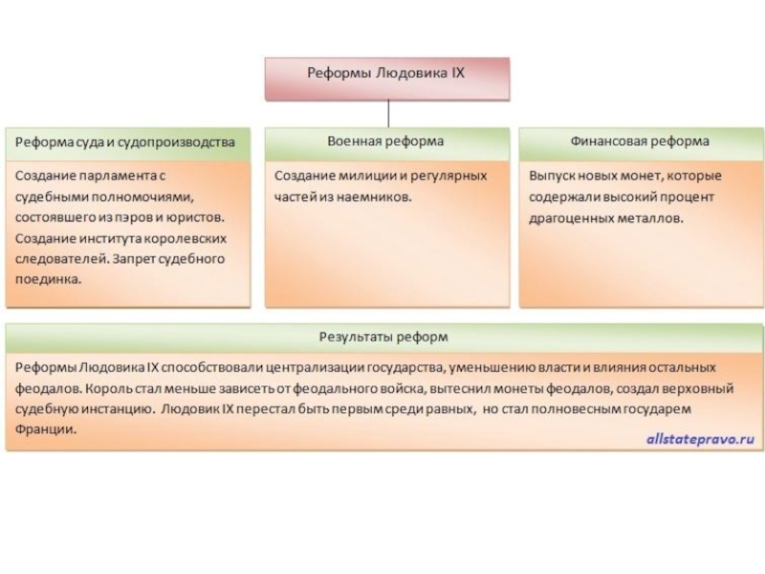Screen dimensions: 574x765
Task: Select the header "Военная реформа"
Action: pos(385,142)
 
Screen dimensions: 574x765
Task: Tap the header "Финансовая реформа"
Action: pos(640,142)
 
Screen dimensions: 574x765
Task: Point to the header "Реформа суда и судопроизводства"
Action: pos(125,143)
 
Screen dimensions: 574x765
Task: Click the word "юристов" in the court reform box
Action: pos(194,218)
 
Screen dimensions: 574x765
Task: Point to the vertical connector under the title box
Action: pos(386,112)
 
